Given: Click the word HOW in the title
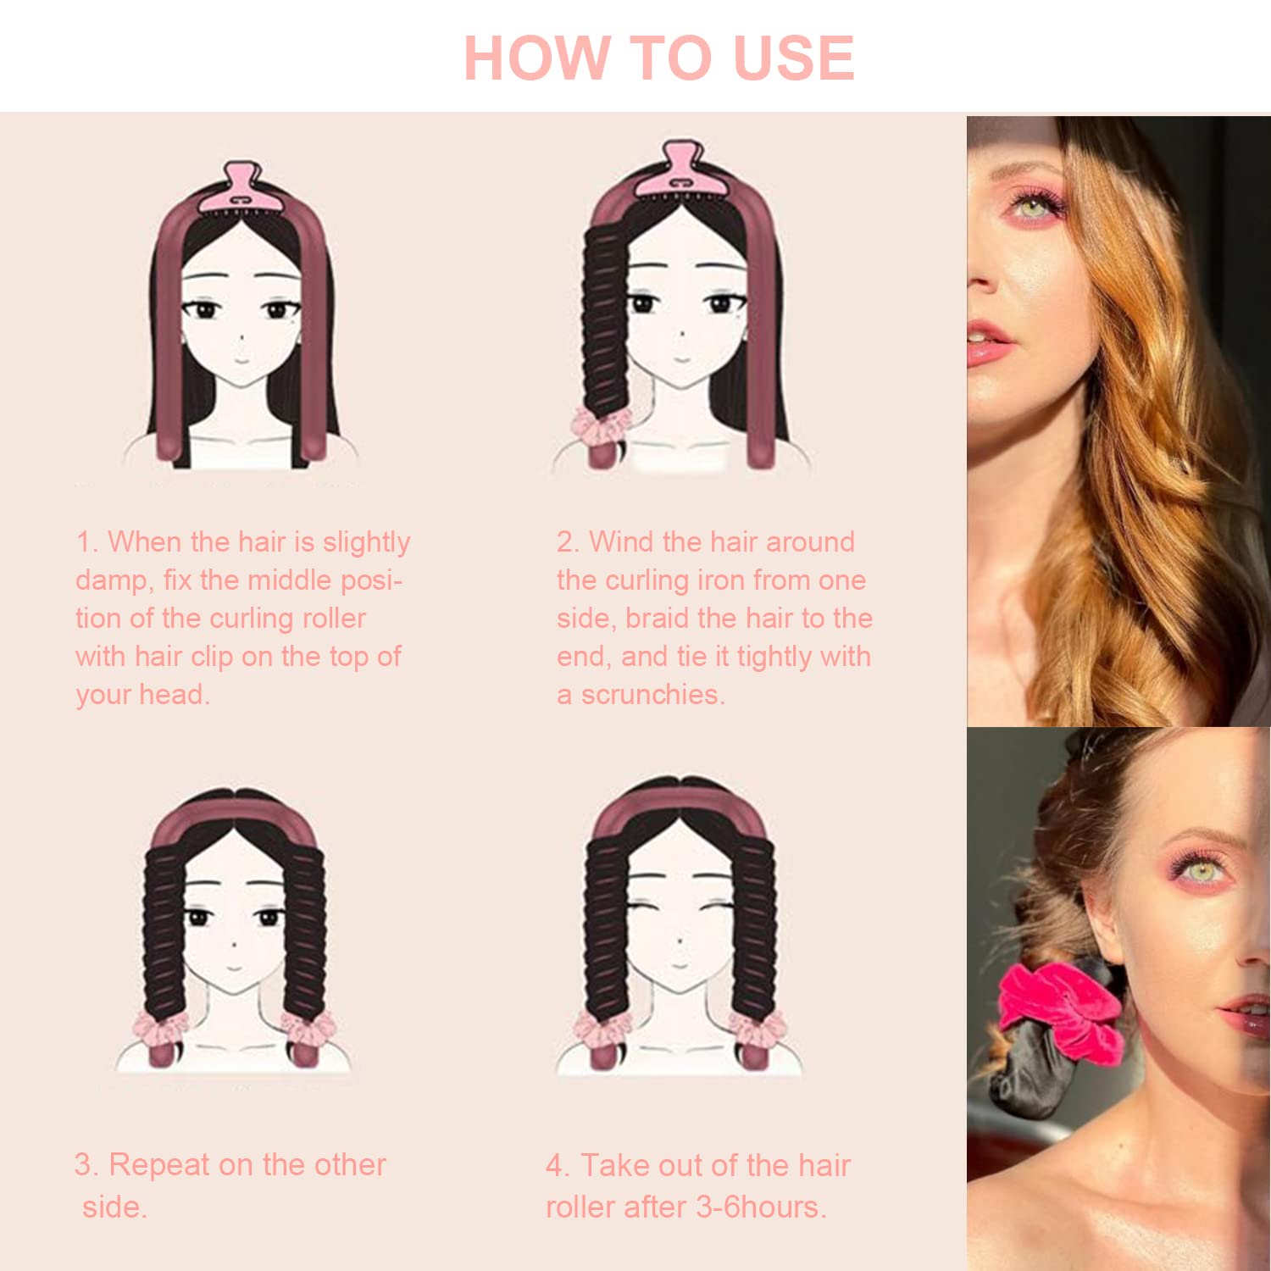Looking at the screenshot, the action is [537, 58].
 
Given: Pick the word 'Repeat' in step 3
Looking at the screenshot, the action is [159, 1166].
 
